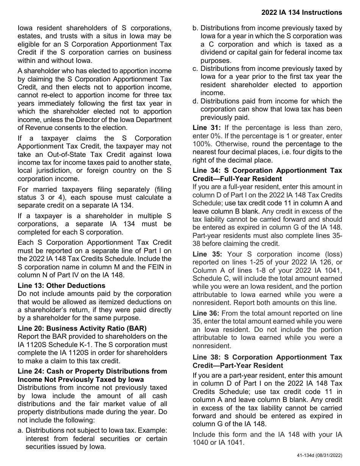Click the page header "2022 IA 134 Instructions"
[x=301, y=13]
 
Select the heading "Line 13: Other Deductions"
[x=61, y=285]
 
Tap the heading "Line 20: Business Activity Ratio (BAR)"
[x=82, y=328]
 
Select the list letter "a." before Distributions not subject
[x=20, y=430]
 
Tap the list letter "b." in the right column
[x=196, y=28]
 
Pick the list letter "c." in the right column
[x=196, y=69]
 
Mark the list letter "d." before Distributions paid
[x=196, y=101]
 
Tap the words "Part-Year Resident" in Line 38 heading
[x=254, y=366]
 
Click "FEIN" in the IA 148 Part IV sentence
[x=156, y=267]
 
